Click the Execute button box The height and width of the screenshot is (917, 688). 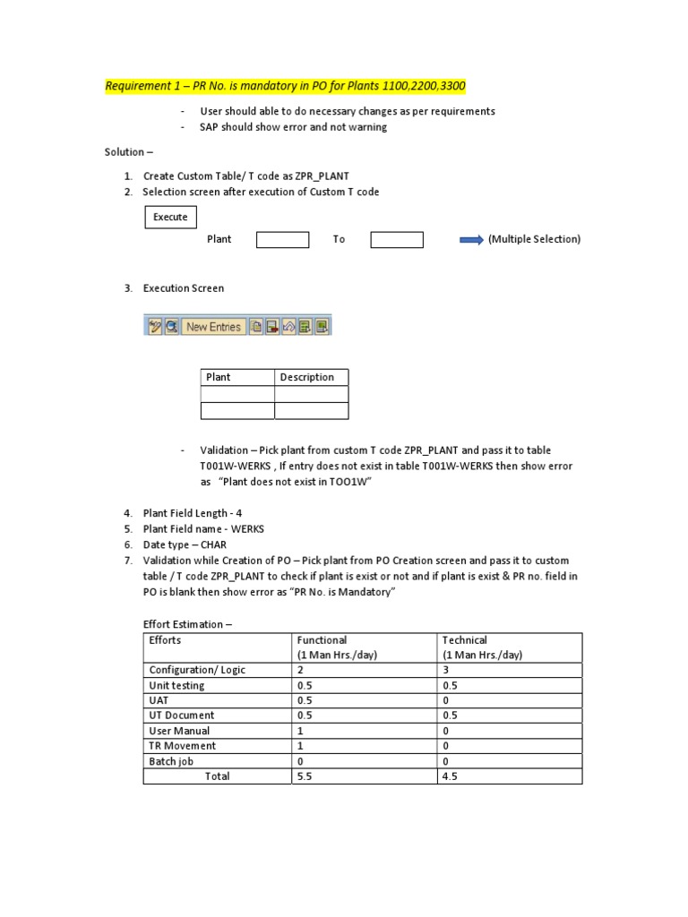(x=170, y=217)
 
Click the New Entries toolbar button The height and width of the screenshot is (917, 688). (x=213, y=327)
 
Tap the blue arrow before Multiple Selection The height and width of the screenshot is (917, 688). (x=471, y=239)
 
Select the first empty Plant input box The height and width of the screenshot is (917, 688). (x=282, y=239)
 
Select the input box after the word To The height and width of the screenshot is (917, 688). (x=397, y=239)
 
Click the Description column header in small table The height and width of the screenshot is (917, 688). (x=307, y=377)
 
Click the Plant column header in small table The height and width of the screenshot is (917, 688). (x=219, y=377)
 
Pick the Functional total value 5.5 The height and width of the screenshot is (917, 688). (x=305, y=776)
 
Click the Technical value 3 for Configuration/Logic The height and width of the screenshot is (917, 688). (x=446, y=670)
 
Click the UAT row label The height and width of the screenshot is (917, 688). (x=159, y=700)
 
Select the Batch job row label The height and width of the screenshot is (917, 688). (x=170, y=761)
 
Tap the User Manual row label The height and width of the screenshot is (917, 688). (x=179, y=731)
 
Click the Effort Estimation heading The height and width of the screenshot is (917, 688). (x=187, y=624)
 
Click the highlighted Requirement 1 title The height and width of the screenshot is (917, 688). (x=285, y=86)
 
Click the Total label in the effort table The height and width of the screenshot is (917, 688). (x=217, y=776)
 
